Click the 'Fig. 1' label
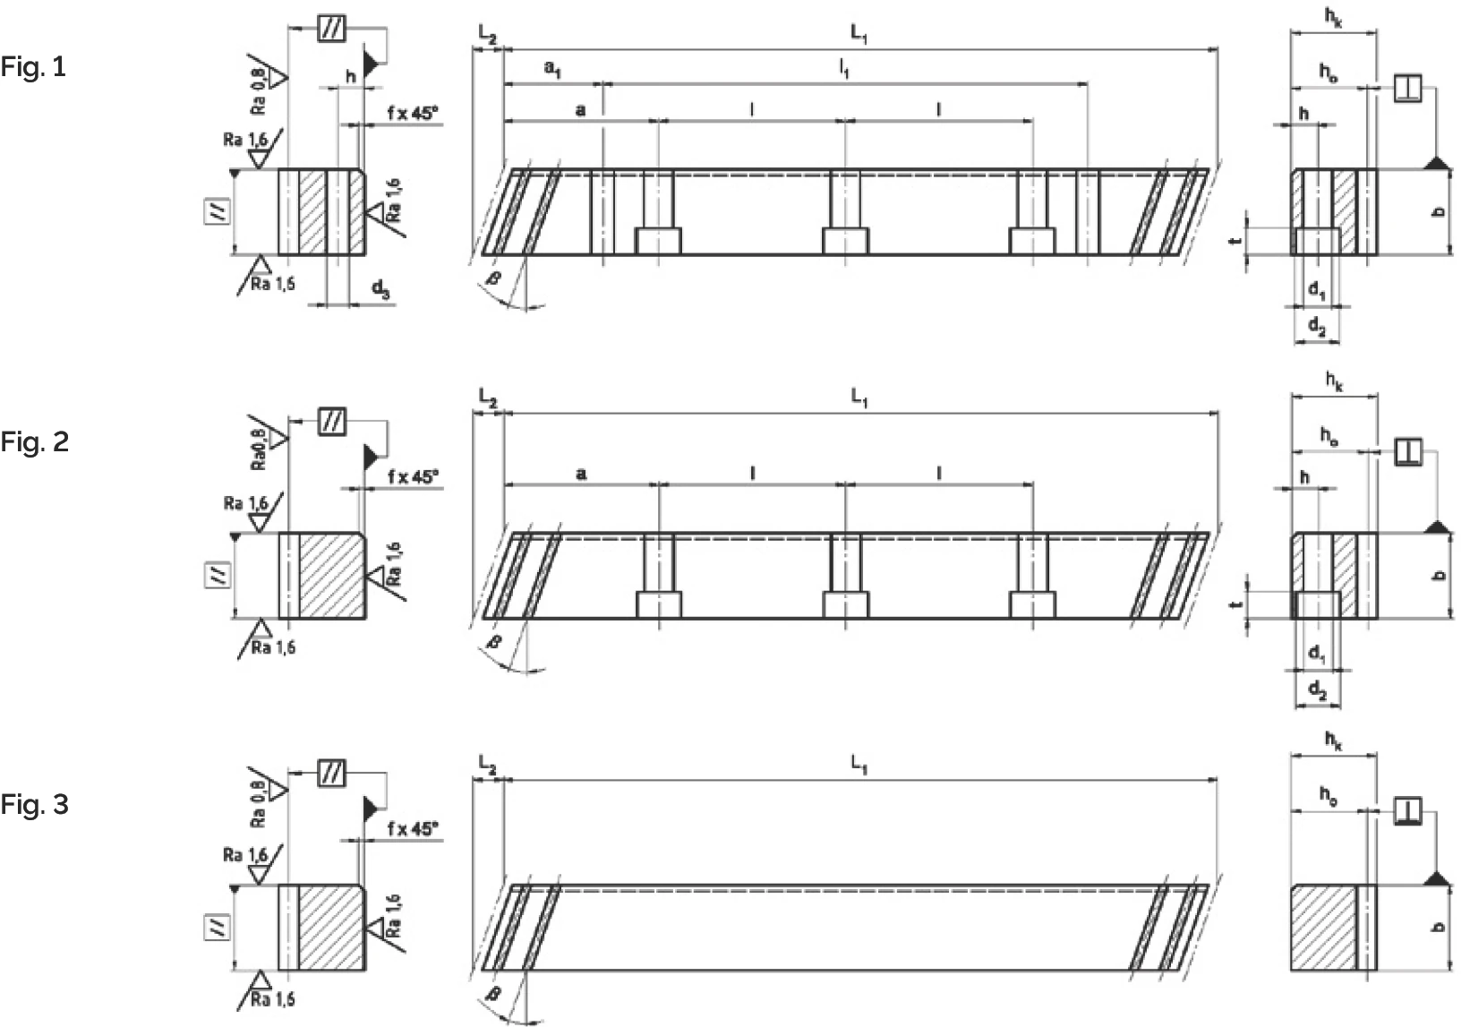[33, 68]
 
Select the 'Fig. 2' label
[34, 442]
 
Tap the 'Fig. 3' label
[34, 805]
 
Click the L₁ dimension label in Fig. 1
[859, 35]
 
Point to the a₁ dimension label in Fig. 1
[553, 68]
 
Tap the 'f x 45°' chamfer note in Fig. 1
[413, 113]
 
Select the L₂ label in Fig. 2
[487, 396]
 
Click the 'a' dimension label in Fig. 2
[581, 473]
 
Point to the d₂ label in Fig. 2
[1317, 689]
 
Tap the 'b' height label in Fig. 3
[1439, 928]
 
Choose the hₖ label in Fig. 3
[1334, 741]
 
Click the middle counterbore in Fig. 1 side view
[845, 242]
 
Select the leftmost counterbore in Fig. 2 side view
[658, 605]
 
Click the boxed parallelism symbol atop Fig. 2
[332, 421]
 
